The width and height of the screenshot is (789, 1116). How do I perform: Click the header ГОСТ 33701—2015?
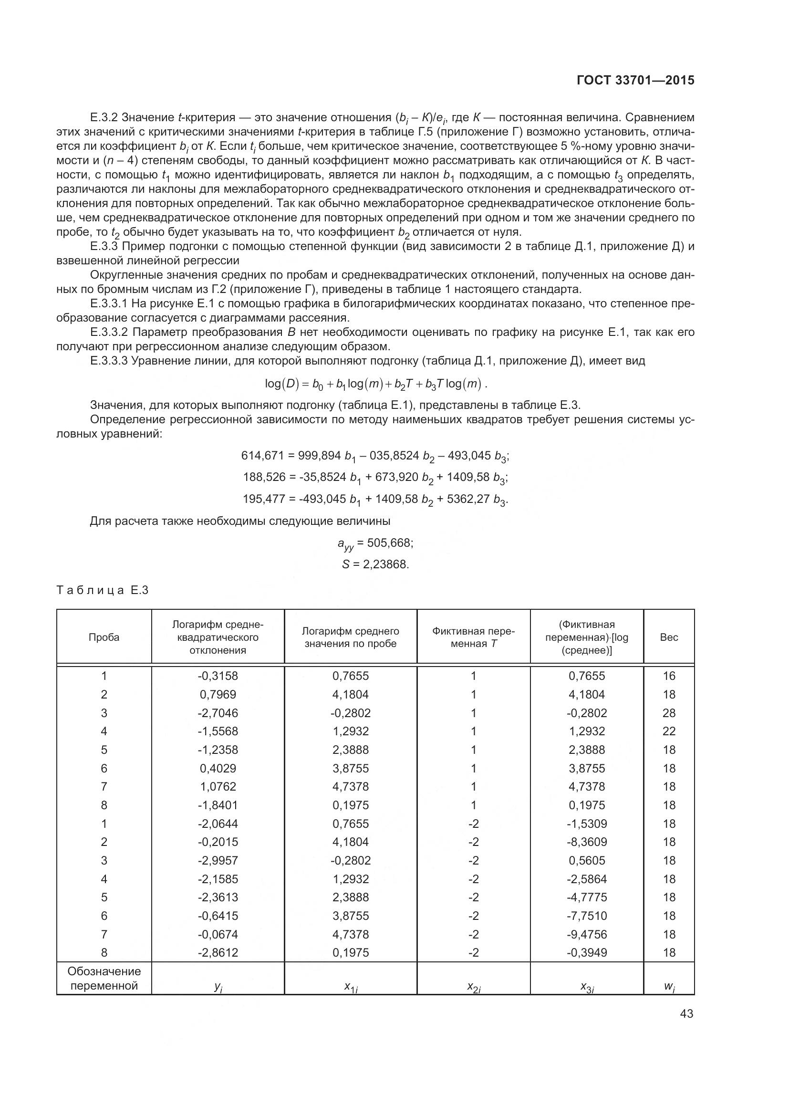coord(635,80)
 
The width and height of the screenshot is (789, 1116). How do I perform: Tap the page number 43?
coord(686,1013)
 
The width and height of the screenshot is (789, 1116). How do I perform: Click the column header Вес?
coord(668,637)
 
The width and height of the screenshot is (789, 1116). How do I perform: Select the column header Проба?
coord(104,637)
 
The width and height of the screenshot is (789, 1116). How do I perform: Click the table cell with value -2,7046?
coord(218,713)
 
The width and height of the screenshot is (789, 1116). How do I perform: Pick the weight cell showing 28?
coord(669,713)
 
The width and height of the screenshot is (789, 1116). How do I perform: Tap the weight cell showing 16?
coord(669,676)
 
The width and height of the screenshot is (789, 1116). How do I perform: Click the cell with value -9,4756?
coord(587,934)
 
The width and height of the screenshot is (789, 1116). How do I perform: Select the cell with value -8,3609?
coord(587,842)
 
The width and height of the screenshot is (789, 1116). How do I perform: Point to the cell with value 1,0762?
coord(218,786)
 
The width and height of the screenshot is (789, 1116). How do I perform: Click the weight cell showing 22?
coord(669,731)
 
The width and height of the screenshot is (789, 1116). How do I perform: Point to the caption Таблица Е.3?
coord(103,591)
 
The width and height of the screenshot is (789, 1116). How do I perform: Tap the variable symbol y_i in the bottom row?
coord(218,987)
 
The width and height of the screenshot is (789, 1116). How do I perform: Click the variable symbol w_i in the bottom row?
coord(669,987)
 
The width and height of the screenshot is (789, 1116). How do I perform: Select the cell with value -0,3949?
coord(587,953)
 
